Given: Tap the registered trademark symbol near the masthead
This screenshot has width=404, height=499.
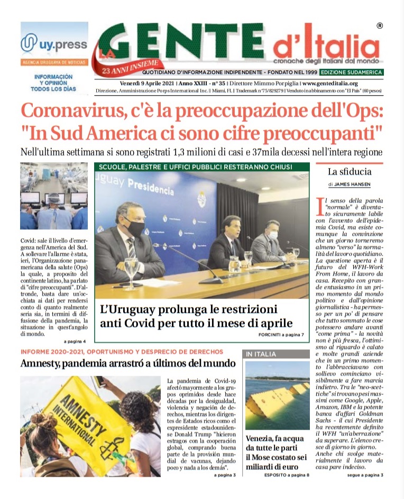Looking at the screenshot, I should [x=380, y=25].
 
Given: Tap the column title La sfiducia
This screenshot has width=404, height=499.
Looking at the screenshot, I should [x=350, y=172].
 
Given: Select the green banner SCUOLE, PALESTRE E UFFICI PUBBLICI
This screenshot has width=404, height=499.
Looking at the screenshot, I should [x=202, y=167].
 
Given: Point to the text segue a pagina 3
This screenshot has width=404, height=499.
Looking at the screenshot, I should [x=365, y=475].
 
